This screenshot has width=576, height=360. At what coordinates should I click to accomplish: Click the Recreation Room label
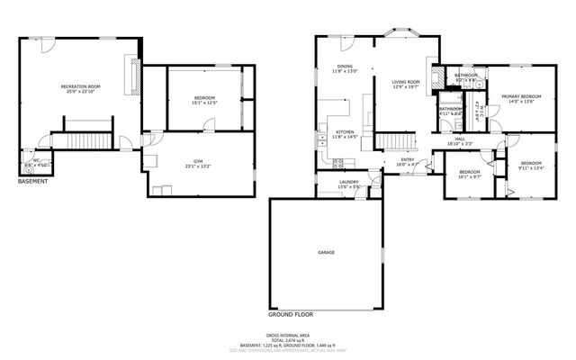[80, 88]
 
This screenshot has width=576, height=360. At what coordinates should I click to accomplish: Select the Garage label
[326, 252]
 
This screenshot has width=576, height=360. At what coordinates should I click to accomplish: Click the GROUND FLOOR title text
[292, 315]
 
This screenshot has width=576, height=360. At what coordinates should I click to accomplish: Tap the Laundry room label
[349, 184]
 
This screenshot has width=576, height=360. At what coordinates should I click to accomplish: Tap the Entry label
[407, 163]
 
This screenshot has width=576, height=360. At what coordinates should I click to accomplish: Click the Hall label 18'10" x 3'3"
[460, 141]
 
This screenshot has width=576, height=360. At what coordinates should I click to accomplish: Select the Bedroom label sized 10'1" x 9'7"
[469, 174]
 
